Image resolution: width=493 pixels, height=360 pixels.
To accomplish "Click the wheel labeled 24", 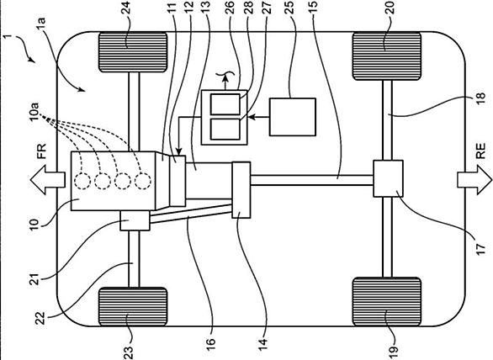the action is pyautogui.click(x=133, y=52).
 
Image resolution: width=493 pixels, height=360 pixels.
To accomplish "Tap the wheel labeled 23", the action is pyautogui.click(x=133, y=306).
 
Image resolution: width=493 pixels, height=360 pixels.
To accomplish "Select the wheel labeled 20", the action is pyautogui.click(x=387, y=56).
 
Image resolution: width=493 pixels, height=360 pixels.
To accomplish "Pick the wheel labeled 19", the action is pyautogui.click(x=387, y=302).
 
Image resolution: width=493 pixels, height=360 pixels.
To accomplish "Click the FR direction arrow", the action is pyautogui.click(x=47, y=180).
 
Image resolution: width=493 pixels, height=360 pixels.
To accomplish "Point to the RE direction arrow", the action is pyautogui.click(x=474, y=180).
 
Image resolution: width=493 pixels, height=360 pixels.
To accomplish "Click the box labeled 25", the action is pyautogui.click(x=293, y=117).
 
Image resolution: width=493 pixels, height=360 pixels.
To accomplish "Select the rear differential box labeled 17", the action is pyautogui.click(x=388, y=178).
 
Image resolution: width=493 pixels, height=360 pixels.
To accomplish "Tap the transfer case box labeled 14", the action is pyautogui.click(x=241, y=190).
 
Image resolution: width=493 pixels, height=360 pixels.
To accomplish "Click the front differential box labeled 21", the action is pyautogui.click(x=135, y=220).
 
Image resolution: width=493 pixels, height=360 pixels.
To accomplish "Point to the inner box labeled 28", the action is pyautogui.click(x=225, y=104).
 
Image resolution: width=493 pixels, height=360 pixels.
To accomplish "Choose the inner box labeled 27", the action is pyautogui.click(x=225, y=130).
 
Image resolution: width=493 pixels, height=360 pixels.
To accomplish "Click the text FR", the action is pyautogui.click(x=41, y=151).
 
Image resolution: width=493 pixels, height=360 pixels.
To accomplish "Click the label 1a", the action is pyautogui.click(x=41, y=24).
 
